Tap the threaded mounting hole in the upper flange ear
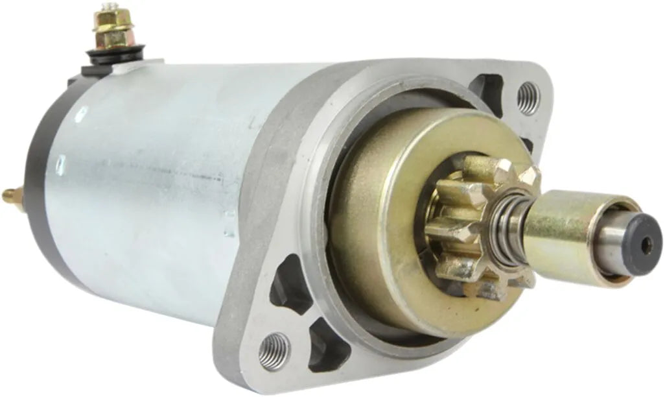coord(528,98)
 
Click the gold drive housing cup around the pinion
coord(376,214)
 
